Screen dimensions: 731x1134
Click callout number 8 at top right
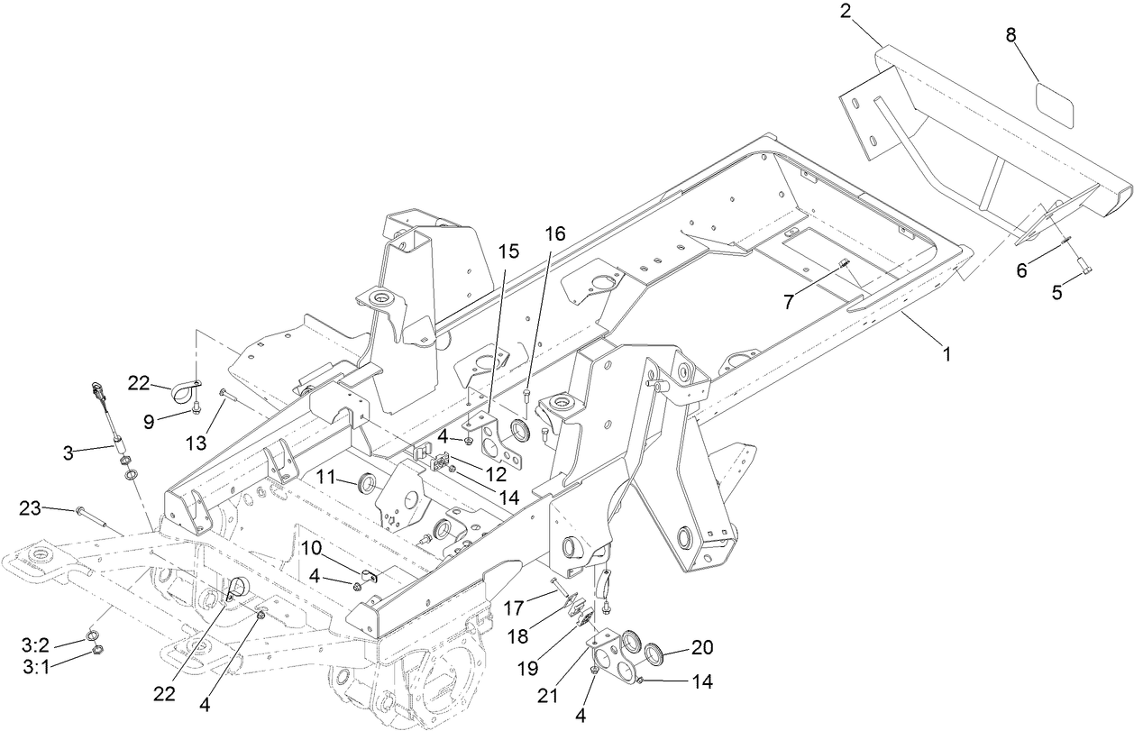(1011, 37)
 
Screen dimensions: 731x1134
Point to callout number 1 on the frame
(947, 355)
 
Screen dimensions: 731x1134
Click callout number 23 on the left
(30, 509)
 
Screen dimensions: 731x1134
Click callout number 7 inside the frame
(788, 302)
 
